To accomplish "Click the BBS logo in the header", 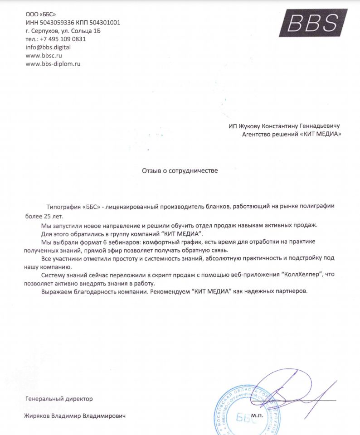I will tap(313, 22).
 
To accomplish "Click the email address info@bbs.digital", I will tap(48, 47).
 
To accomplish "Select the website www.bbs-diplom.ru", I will tap(53, 64).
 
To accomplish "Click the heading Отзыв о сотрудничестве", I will tap(180, 171).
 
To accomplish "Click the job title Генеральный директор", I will tap(59, 399).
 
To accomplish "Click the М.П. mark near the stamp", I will tap(257, 416).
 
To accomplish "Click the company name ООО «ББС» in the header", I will tap(42, 14).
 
